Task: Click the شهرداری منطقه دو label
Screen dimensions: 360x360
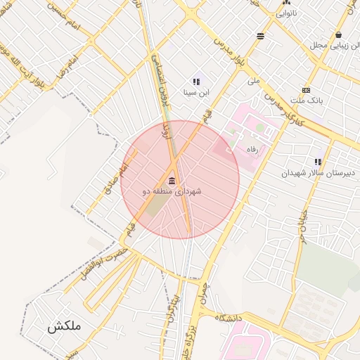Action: [x=172, y=191]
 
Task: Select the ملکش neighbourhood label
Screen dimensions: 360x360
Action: [x=65, y=326]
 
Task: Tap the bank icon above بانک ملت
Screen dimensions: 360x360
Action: [x=306, y=90]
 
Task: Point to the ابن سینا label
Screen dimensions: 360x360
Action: [x=196, y=91]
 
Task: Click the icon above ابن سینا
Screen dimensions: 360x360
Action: [x=196, y=82]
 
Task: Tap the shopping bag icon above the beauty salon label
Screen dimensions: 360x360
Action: [x=339, y=34]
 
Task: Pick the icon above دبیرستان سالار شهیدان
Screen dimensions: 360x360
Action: [x=318, y=162]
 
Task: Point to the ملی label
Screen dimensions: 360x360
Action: [x=254, y=81]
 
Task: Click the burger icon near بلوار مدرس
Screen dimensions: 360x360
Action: [x=261, y=35]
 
